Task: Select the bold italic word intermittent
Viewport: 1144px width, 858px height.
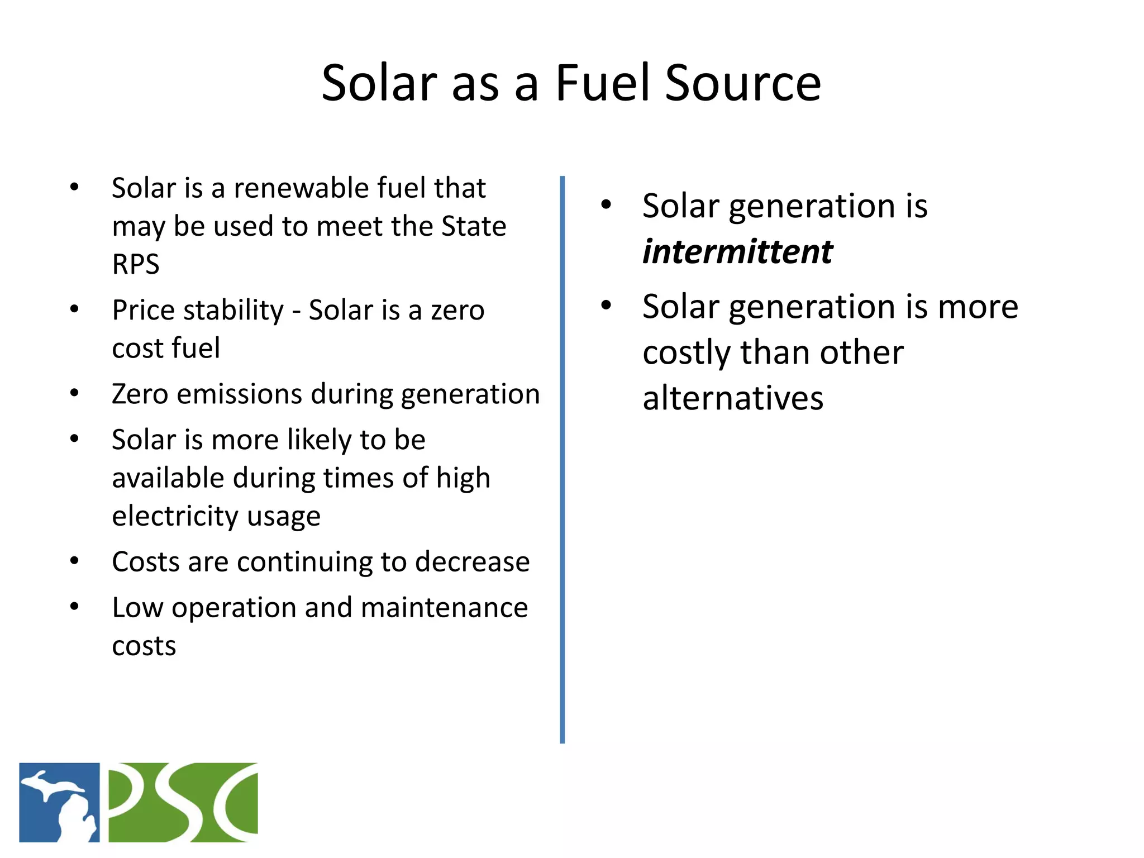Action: coord(737,252)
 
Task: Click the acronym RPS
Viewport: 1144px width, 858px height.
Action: coord(136,264)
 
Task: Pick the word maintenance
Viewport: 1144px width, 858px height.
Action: coord(444,608)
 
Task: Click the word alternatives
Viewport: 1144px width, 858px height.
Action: coord(733,398)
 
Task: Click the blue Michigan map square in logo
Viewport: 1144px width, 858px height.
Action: coord(59,802)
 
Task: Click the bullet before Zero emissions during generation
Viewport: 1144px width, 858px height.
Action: coord(74,394)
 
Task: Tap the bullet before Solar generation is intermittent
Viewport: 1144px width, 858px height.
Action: coord(606,205)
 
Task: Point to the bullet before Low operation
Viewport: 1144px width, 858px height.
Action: coord(74,607)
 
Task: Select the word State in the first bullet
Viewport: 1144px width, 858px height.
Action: coord(474,227)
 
